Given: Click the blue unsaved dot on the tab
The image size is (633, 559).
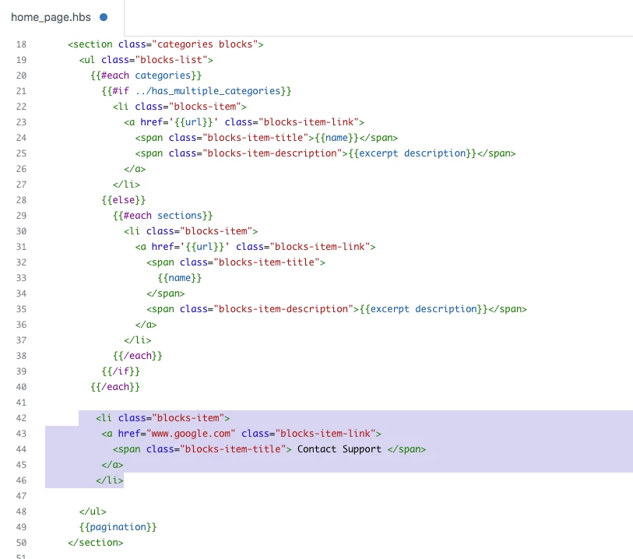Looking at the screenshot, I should (104, 17).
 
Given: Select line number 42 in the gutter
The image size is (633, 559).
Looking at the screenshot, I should (22, 418).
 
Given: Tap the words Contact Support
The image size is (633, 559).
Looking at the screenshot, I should (339, 449).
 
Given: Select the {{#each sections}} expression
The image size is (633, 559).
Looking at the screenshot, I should (162, 216).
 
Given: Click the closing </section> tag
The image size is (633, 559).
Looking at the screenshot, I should (95, 543).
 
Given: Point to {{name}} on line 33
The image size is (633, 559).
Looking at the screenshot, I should (179, 278).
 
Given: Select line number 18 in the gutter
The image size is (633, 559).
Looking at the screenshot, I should (22, 44).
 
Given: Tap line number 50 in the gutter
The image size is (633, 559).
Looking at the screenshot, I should (22, 543).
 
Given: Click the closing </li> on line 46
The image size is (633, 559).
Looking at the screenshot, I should (110, 480).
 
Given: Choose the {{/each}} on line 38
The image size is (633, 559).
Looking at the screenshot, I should (137, 356).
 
